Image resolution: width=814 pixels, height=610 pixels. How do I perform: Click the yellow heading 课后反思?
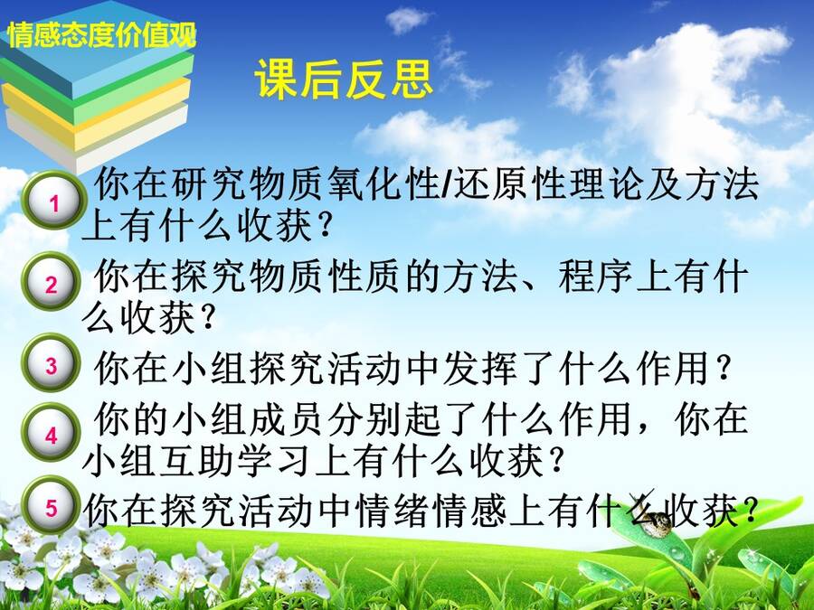click(344, 80)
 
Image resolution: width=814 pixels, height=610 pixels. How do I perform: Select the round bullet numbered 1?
click(54, 201)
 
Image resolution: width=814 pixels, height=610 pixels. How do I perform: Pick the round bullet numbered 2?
click(51, 282)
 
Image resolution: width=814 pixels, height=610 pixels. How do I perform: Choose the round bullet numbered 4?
click(51, 433)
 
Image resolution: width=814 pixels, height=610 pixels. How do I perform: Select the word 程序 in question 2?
click(596, 278)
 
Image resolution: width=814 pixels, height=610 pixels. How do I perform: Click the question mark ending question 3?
click(722, 369)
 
